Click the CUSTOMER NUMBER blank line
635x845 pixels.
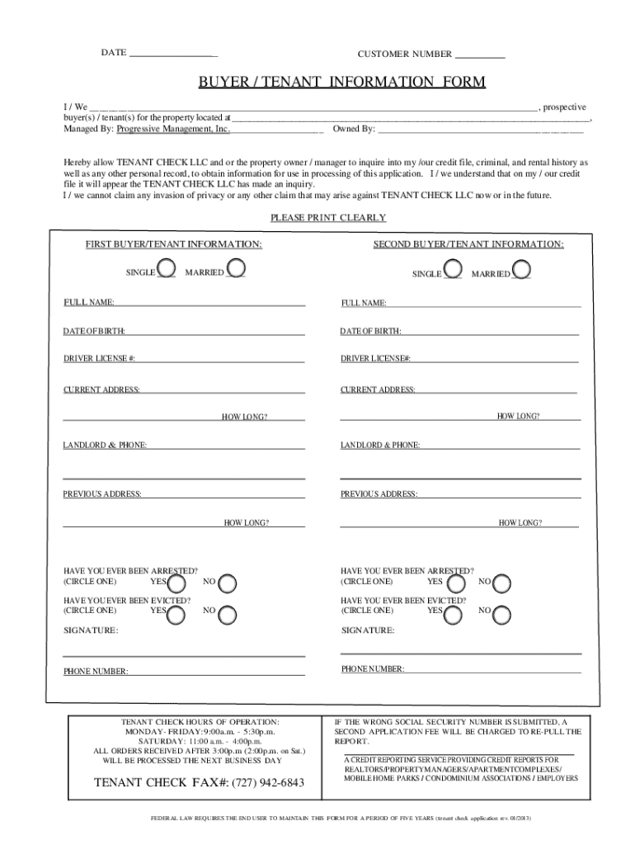pyautogui.click(x=480, y=55)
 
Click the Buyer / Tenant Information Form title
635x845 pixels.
pyautogui.click(x=341, y=83)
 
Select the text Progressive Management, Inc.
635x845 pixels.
pyautogui.click(x=173, y=129)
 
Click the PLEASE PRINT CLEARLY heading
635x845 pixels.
pyautogui.click(x=328, y=218)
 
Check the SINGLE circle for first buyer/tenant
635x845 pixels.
pyautogui.click(x=166, y=268)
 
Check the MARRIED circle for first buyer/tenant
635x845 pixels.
pyautogui.click(x=236, y=268)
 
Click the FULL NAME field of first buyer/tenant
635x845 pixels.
pyautogui.click(x=209, y=303)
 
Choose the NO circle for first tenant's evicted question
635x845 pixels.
pyautogui.click(x=227, y=612)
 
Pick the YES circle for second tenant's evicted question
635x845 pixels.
pyautogui.click(x=453, y=612)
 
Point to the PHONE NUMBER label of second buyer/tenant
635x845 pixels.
pyautogui.click(x=373, y=668)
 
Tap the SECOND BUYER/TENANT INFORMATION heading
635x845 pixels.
pyautogui.click(x=468, y=244)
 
